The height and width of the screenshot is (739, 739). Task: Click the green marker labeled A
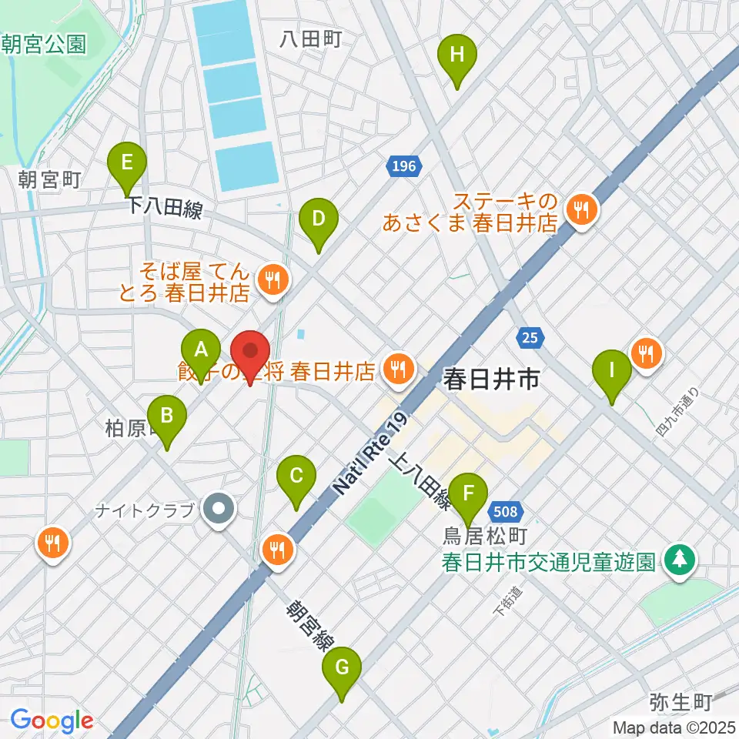201,351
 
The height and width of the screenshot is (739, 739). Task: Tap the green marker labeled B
166,417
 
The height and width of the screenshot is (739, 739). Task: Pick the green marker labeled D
318,220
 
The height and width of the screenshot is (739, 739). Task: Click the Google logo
52,721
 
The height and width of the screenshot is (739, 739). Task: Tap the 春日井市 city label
490,379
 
